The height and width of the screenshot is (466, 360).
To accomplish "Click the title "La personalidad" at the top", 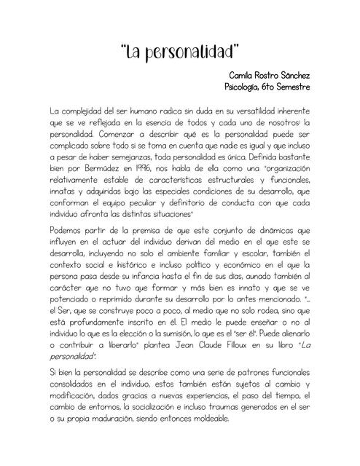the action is (180, 53).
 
